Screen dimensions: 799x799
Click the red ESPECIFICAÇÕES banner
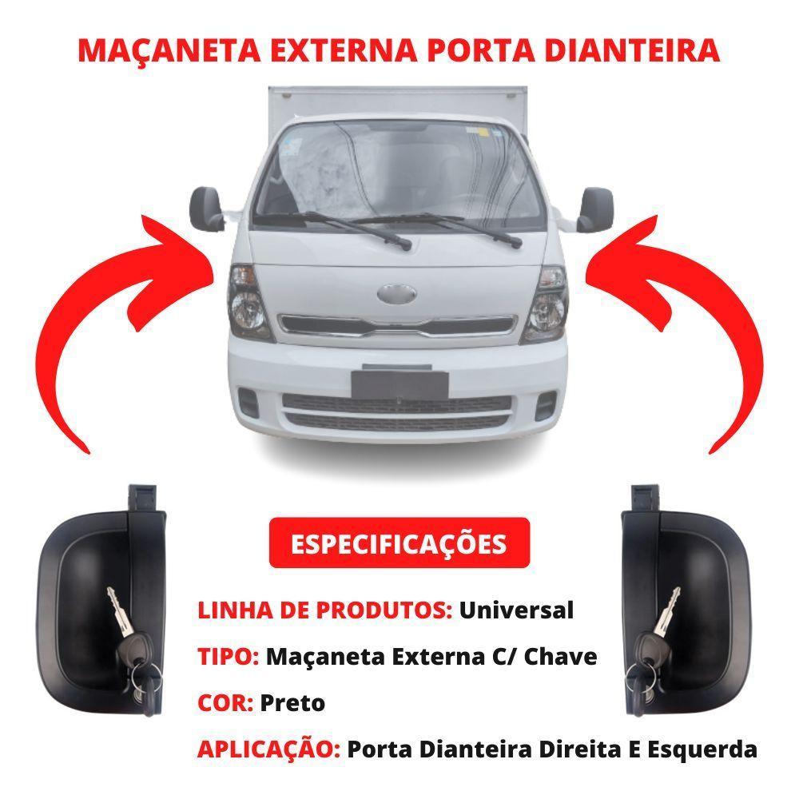(399, 543)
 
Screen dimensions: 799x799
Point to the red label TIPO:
(228, 657)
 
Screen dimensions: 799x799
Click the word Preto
(293, 703)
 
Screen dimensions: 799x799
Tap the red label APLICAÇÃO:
(268, 749)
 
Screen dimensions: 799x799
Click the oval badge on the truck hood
(397, 293)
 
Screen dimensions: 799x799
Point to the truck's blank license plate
(399, 382)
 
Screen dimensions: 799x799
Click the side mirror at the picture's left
(205, 208)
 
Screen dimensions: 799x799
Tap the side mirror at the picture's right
(595, 208)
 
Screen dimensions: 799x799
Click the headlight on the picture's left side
(249, 304)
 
